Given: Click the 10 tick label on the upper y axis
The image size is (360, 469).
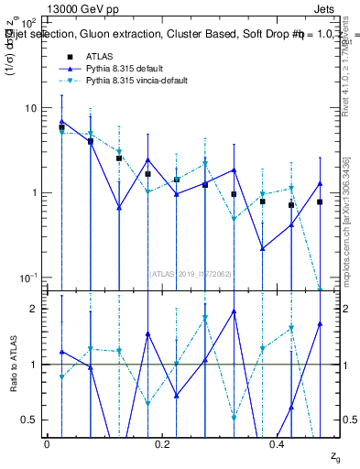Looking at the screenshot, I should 28,108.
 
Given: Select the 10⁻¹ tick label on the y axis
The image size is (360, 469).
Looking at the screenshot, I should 26,278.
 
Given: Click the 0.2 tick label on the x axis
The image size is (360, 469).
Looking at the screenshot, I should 162,443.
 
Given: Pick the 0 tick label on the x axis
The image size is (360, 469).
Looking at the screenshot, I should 47,443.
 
